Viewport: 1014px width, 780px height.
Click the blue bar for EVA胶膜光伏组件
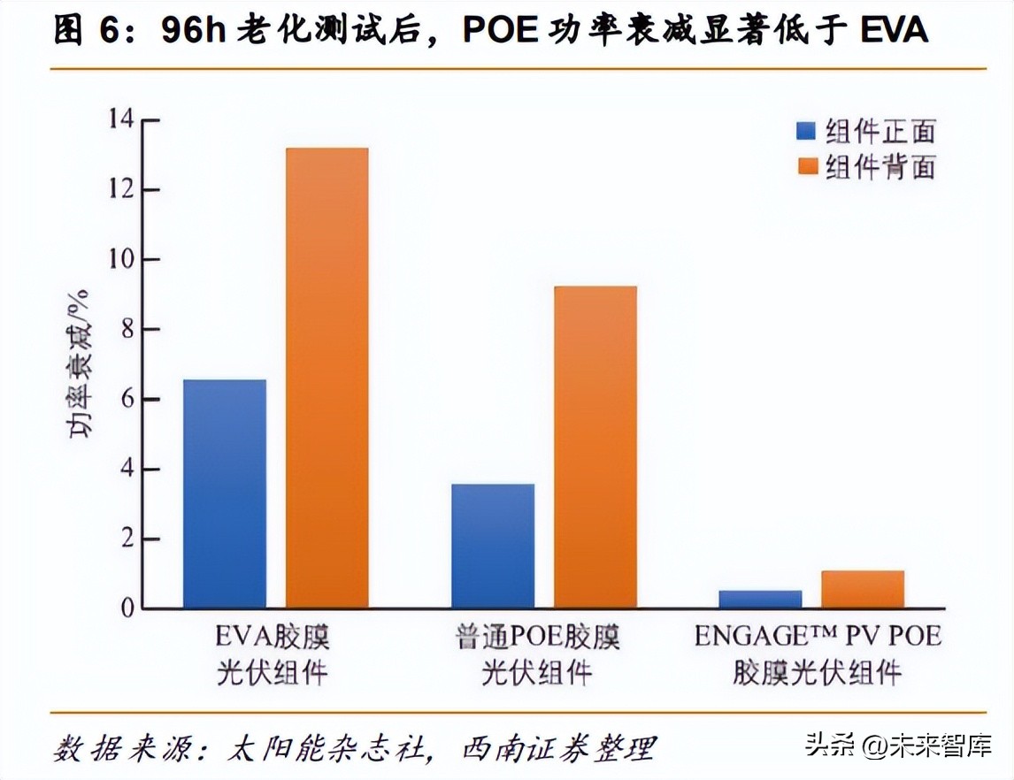(x=224, y=493)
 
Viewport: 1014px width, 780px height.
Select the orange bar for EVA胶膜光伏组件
(x=326, y=379)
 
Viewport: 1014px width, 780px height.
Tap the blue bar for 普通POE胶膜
(x=492, y=546)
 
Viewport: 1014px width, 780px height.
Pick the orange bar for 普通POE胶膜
(x=595, y=447)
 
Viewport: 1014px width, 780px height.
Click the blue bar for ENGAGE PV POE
(x=760, y=599)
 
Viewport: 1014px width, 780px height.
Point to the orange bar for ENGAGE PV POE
(x=863, y=589)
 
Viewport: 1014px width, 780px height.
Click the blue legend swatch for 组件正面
(x=805, y=131)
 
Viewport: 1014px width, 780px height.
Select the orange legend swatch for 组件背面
(x=805, y=165)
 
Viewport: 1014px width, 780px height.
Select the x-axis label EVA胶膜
(x=272, y=637)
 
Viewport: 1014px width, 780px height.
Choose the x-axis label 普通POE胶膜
(x=538, y=637)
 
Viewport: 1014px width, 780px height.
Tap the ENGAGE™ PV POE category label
(x=818, y=637)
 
